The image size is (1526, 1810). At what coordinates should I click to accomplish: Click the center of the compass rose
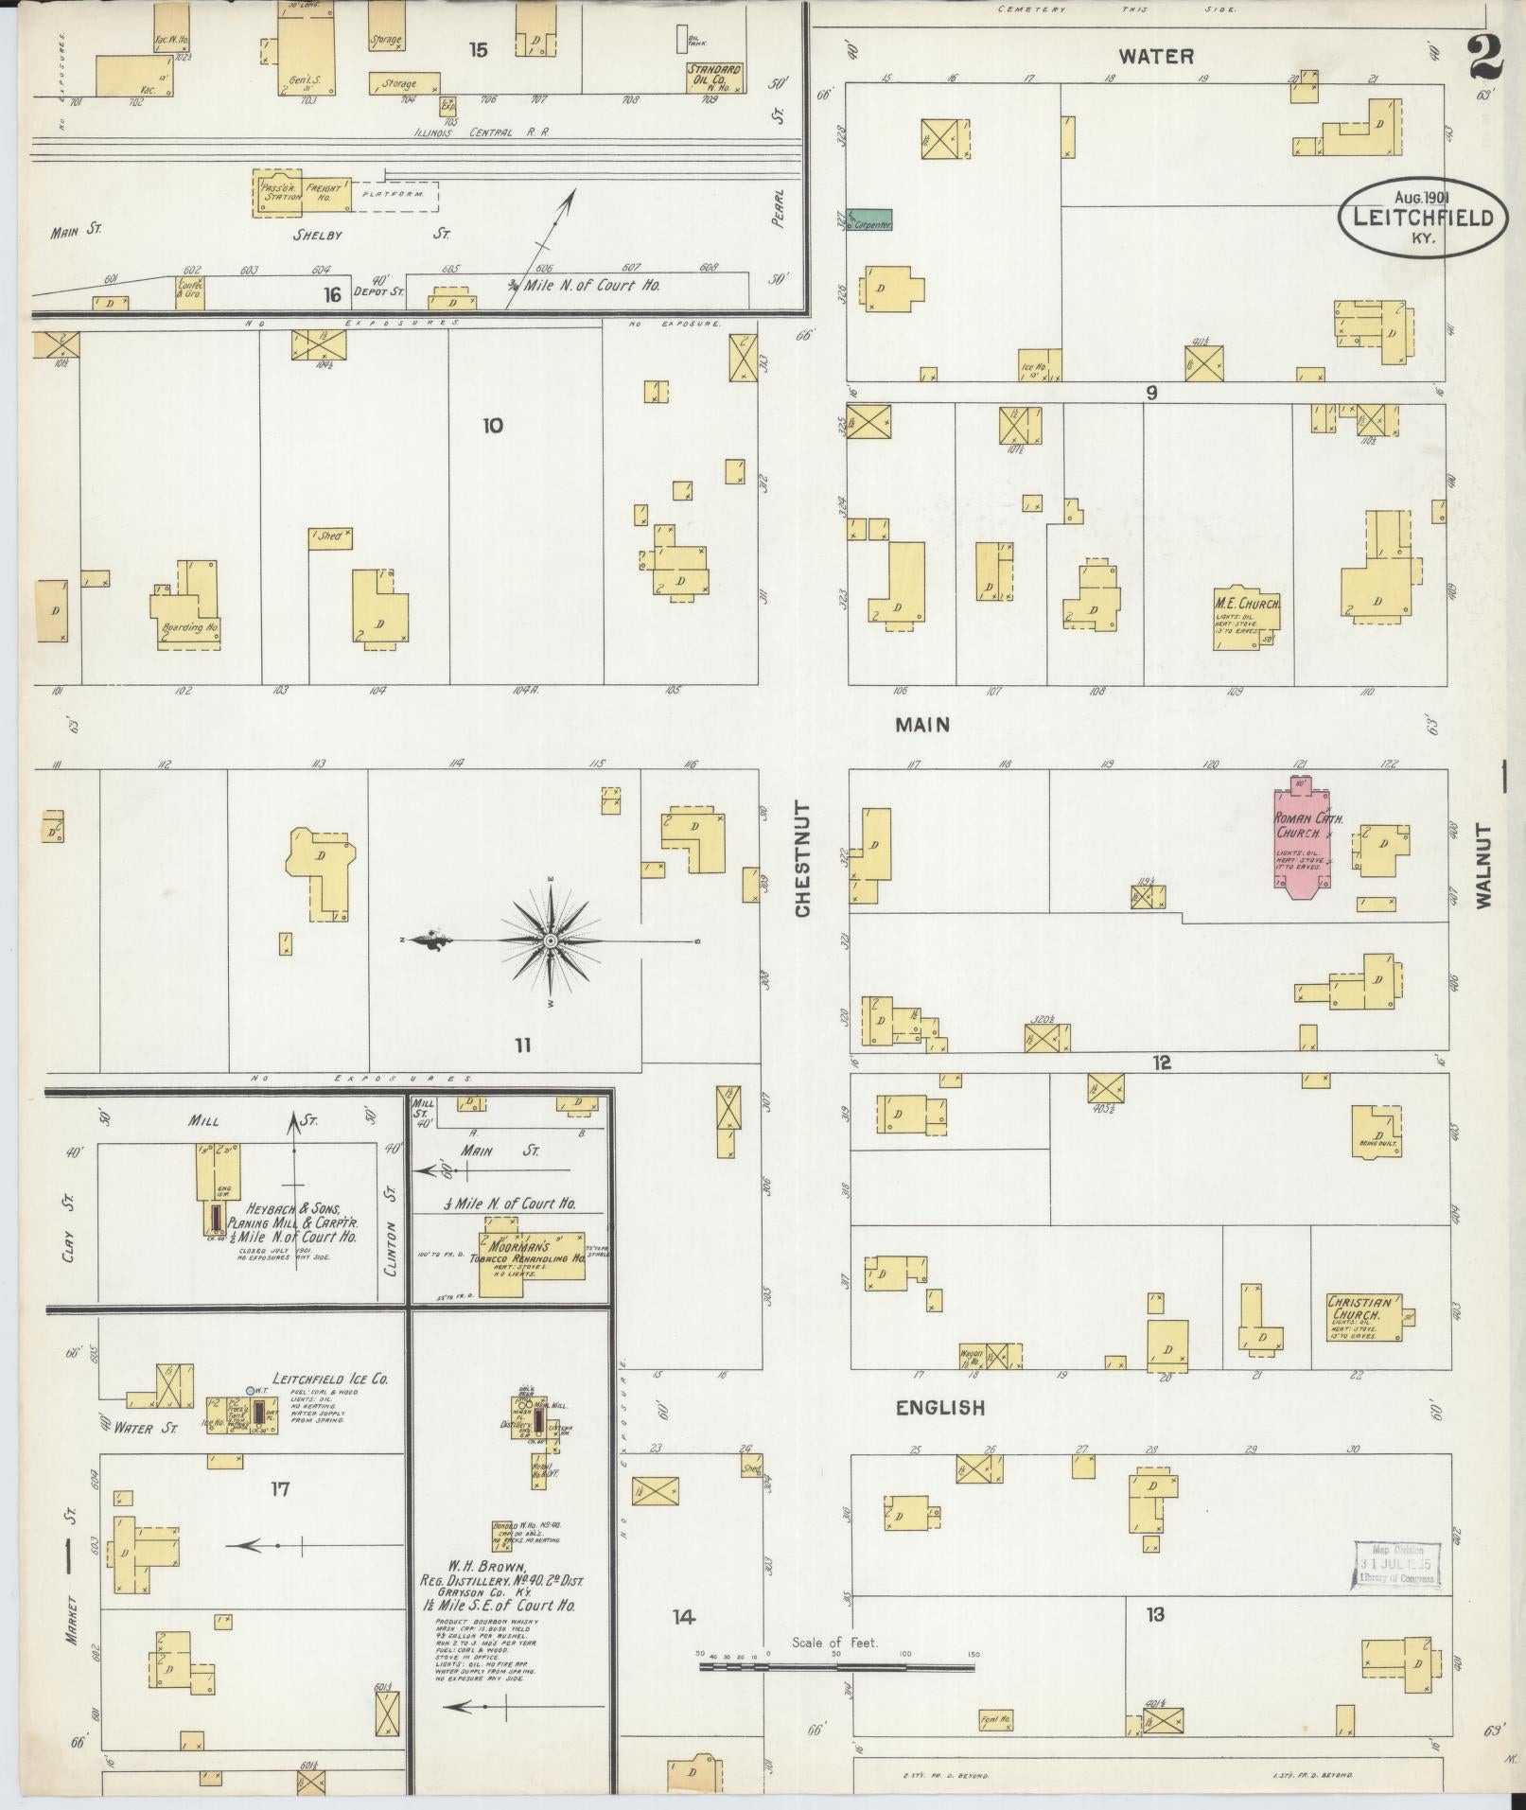[x=551, y=940]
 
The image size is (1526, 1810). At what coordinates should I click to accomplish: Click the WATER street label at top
[x=1156, y=56]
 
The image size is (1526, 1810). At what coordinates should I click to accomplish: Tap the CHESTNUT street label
[x=803, y=858]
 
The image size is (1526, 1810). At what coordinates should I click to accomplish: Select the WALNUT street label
[x=1482, y=866]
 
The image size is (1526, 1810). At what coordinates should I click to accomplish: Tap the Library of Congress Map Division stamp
[x=1395, y=1564]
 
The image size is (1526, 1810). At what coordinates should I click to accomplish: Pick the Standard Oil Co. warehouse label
[x=714, y=75]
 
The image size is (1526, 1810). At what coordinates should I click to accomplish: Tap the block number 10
[x=492, y=426]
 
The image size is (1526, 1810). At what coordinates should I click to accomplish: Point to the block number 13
[x=1154, y=1614]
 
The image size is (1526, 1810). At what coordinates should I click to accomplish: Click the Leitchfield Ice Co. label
[x=330, y=1379]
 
